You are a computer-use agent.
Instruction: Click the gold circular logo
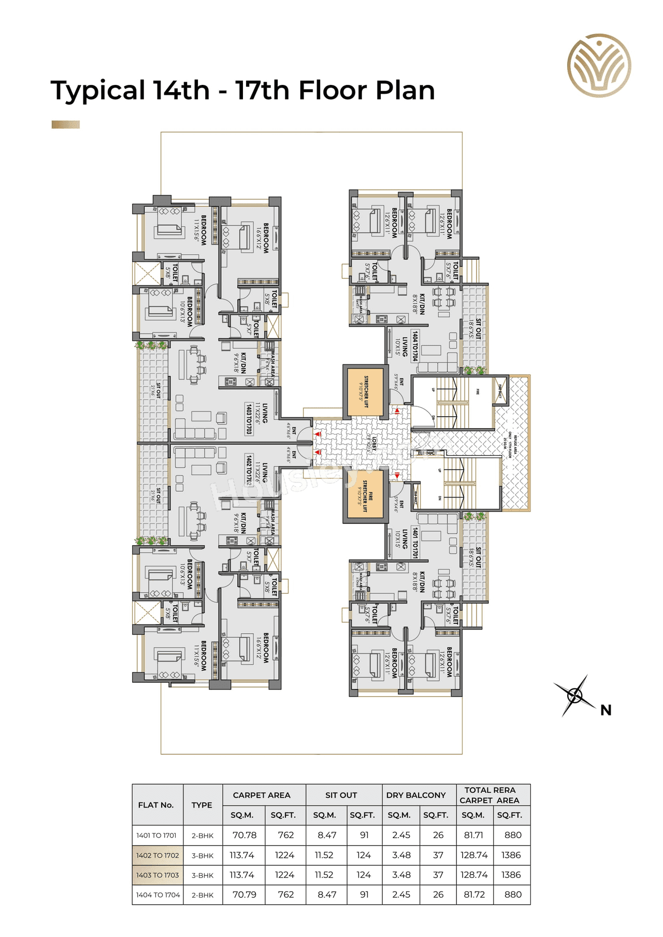599,66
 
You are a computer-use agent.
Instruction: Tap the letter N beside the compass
606,710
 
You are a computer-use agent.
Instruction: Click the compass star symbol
574,695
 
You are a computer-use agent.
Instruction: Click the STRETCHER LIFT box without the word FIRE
365,392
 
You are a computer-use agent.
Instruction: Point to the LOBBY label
372,444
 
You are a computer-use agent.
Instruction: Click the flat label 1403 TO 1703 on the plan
249,419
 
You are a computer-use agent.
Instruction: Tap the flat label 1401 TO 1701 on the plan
415,543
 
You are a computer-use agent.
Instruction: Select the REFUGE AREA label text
515,444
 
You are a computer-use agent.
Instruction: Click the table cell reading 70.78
244,835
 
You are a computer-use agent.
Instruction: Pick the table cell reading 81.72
474,895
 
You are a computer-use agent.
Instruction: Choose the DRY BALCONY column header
415,795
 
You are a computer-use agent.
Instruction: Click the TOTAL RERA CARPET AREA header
489,795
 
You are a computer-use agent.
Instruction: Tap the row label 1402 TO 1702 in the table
157,855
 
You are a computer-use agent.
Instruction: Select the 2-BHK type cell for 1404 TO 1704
203,895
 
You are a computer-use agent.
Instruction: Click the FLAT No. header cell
155,805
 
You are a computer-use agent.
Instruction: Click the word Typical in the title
97,91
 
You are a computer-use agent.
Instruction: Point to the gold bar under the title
66,124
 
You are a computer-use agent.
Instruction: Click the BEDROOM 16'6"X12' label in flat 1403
263,238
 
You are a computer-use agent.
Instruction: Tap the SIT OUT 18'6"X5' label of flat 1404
475,328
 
